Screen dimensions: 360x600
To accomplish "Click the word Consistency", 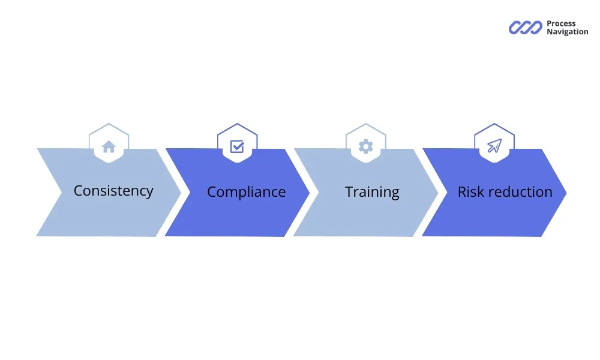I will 113,191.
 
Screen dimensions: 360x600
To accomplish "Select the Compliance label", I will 246,192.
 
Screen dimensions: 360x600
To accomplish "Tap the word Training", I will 372,192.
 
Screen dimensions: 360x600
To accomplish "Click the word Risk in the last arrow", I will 470,192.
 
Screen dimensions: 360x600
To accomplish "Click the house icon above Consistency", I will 109,146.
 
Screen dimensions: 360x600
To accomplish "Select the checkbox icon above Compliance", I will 237,146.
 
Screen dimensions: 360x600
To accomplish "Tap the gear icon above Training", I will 365,146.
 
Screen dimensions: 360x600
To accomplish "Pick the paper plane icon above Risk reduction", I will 494,146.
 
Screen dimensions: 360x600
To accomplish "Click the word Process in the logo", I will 561,24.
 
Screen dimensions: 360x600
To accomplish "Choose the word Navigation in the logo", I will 567,32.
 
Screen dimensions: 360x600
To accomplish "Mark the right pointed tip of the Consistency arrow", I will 180,193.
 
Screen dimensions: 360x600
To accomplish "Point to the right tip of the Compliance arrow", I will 308,193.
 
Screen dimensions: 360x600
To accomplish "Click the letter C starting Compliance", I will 212,192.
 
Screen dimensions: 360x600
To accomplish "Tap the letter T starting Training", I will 349,192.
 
